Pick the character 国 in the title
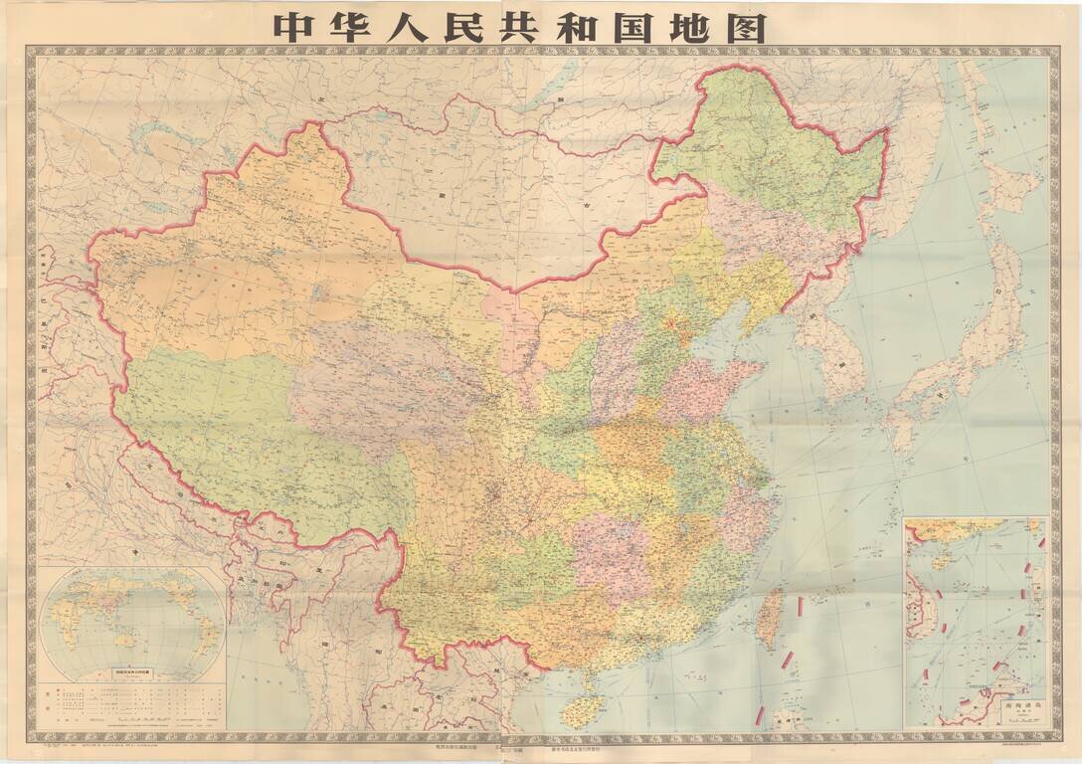click(684, 27)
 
